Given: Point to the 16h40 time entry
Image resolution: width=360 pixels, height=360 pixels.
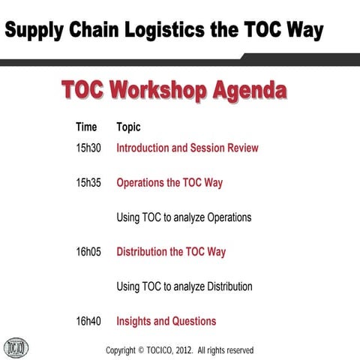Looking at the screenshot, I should (x=88, y=321).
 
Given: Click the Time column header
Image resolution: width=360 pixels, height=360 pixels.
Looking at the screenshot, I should (x=86, y=127).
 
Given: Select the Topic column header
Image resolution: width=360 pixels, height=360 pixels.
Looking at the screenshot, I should (x=128, y=127).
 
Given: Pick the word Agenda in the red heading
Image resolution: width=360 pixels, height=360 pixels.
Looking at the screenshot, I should (x=247, y=91).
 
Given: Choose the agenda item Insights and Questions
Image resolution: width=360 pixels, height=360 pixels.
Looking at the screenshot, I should (x=166, y=321).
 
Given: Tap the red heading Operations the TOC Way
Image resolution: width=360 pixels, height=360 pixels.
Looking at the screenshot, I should (x=169, y=182).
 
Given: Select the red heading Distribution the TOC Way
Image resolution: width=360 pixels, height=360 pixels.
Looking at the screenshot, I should (x=170, y=252).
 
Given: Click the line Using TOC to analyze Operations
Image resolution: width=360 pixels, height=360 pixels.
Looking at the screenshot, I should (x=184, y=217).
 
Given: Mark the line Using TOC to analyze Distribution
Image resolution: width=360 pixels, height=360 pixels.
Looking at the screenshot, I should (x=184, y=286).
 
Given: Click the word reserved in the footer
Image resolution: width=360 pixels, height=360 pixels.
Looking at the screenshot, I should (x=238, y=350).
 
